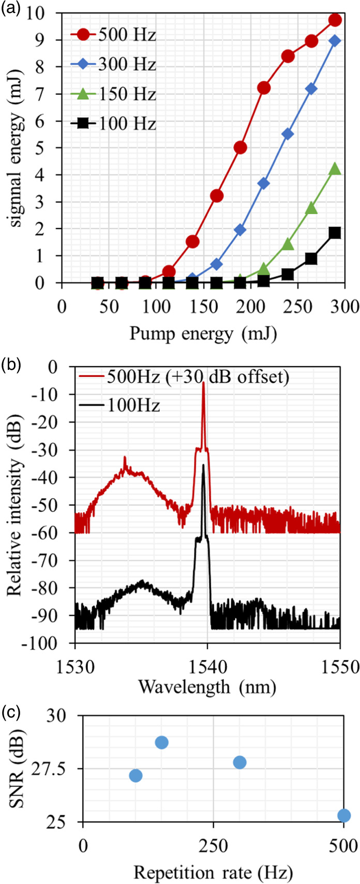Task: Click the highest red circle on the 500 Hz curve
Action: coord(335,20)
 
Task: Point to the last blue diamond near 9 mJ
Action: coord(335,41)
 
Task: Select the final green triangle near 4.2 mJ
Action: coord(335,169)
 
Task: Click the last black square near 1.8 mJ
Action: coord(335,233)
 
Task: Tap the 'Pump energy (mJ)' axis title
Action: coord(203,334)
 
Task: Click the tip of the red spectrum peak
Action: coord(203,383)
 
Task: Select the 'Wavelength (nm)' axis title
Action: coord(207,686)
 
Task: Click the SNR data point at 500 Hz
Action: coord(344,815)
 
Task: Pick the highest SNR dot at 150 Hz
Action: coord(162,742)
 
